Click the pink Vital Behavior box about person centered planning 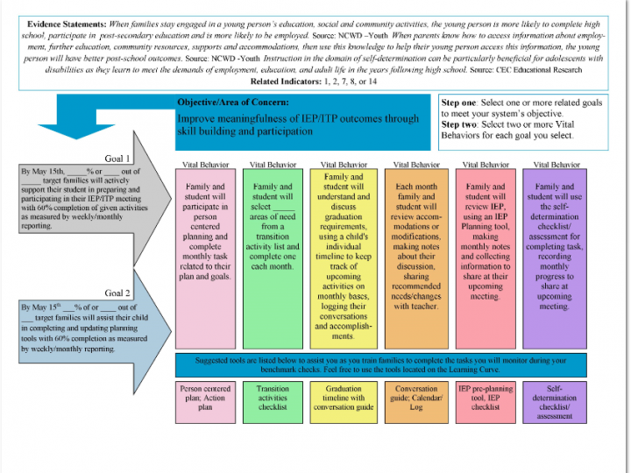click(x=205, y=258)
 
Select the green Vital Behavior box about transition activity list click(x=273, y=258)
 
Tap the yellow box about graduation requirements click(x=344, y=258)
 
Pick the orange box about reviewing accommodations click(x=416, y=258)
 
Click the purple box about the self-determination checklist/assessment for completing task click(x=555, y=258)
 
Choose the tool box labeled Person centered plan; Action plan click(x=205, y=402)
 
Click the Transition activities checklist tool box click(x=273, y=402)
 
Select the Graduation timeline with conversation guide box click(x=344, y=402)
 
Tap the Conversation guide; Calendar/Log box click(x=416, y=402)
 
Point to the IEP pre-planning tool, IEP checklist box click(x=486, y=402)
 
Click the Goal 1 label click(x=117, y=159)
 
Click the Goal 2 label click(x=117, y=293)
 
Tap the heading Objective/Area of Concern click(x=233, y=102)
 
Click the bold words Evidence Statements click(x=67, y=25)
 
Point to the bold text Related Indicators click(x=286, y=81)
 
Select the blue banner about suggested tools click(x=381, y=364)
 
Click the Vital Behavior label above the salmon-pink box click(x=486, y=165)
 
